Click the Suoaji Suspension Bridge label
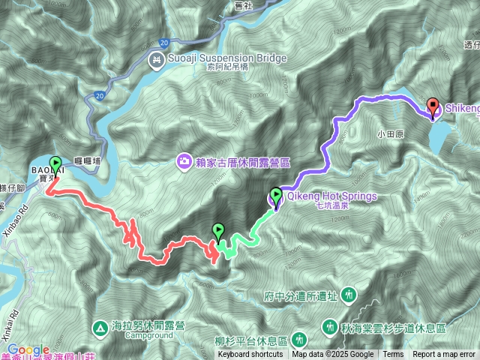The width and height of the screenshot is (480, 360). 217,58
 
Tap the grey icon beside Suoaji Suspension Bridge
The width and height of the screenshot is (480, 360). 157,58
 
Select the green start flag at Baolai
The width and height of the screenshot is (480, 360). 55,164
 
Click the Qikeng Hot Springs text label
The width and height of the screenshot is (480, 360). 331,196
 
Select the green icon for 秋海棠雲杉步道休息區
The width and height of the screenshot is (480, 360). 330,327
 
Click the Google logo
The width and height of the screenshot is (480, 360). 28,349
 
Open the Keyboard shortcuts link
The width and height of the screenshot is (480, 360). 250,355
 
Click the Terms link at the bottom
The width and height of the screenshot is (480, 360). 393,355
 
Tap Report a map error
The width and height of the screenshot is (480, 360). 443,355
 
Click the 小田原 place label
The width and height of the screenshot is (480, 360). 390,136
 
